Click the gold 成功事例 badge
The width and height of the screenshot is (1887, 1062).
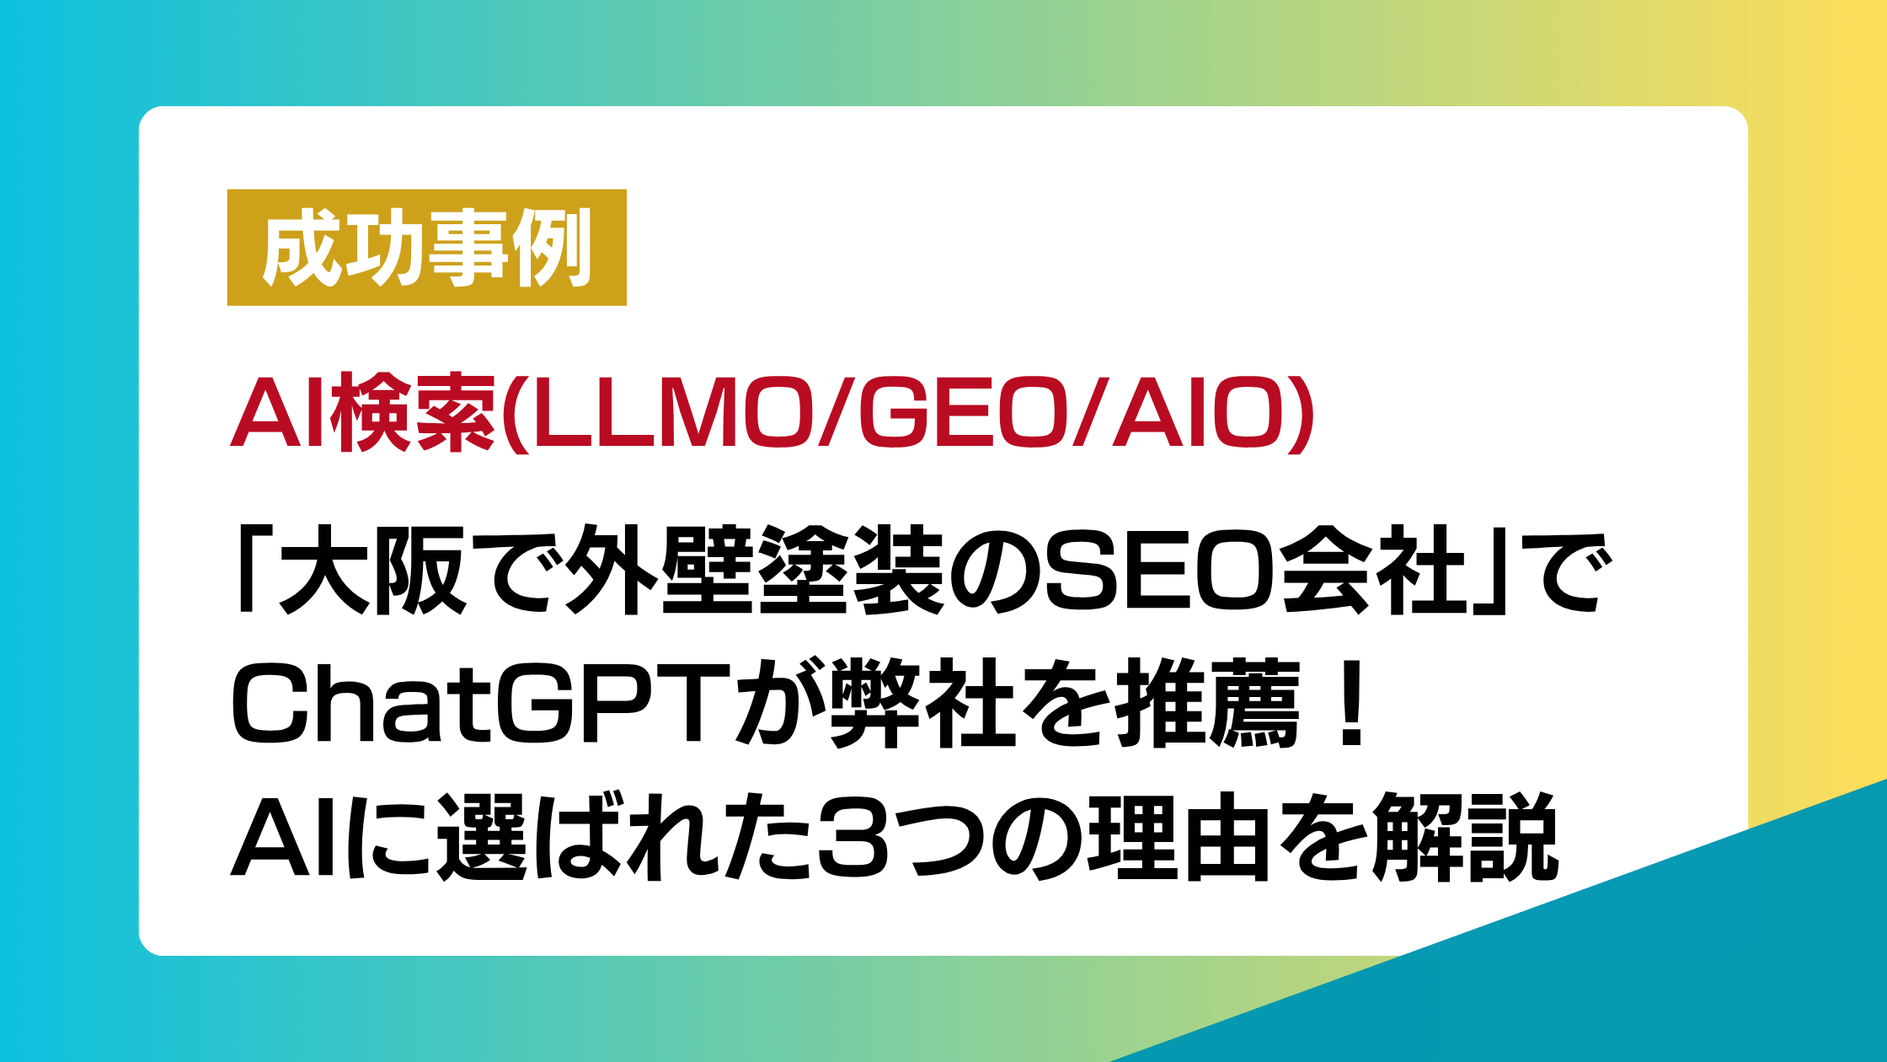[x=426, y=247]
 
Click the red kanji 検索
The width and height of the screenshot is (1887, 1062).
[x=413, y=414]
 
